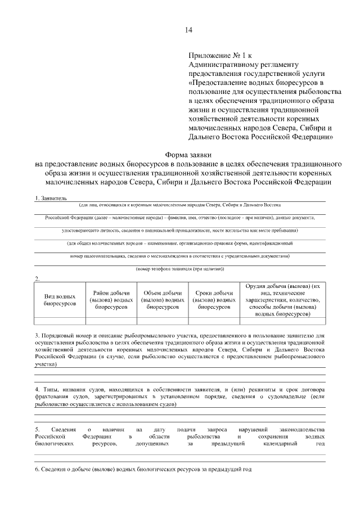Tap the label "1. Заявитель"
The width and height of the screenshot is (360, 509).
[51, 199]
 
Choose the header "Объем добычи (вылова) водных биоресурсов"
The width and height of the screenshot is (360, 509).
[163, 300]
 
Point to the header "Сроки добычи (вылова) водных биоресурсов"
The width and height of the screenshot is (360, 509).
[214, 300]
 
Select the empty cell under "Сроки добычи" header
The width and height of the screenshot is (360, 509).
[214, 321]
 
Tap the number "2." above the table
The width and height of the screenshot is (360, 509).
[37, 278]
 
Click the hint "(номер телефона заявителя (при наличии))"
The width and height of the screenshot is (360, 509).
[180, 269]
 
